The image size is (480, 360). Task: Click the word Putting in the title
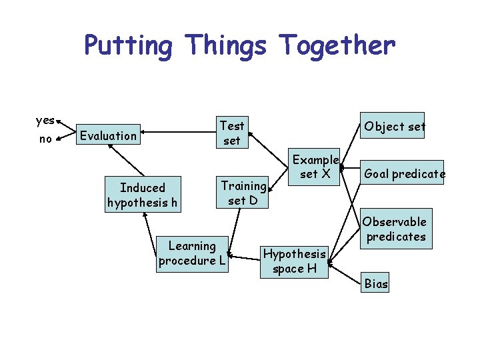click(x=128, y=45)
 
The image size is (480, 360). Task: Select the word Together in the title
click(x=337, y=45)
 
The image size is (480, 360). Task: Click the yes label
click(x=45, y=121)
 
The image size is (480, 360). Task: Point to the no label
click(x=45, y=139)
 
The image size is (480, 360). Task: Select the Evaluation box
click(x=107, y=135)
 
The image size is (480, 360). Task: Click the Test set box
click(x=232, y=133)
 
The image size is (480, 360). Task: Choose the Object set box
click(x=395, y=125)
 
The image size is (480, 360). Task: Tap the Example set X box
click(x=315, y=167)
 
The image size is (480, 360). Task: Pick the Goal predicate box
click(x=404, y=174)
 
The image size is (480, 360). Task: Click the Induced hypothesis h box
click(x=143, y=195)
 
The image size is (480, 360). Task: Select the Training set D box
click(x=243, y=192)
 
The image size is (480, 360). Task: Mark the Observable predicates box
click(x=394, y=229)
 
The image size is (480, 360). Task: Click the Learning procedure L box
click(x=192, y=253)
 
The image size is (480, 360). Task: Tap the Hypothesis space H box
click(x=294, y=261)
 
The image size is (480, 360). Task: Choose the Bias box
click(x=376, y=283)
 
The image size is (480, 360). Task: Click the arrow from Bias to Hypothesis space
click(x=347, y=273)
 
